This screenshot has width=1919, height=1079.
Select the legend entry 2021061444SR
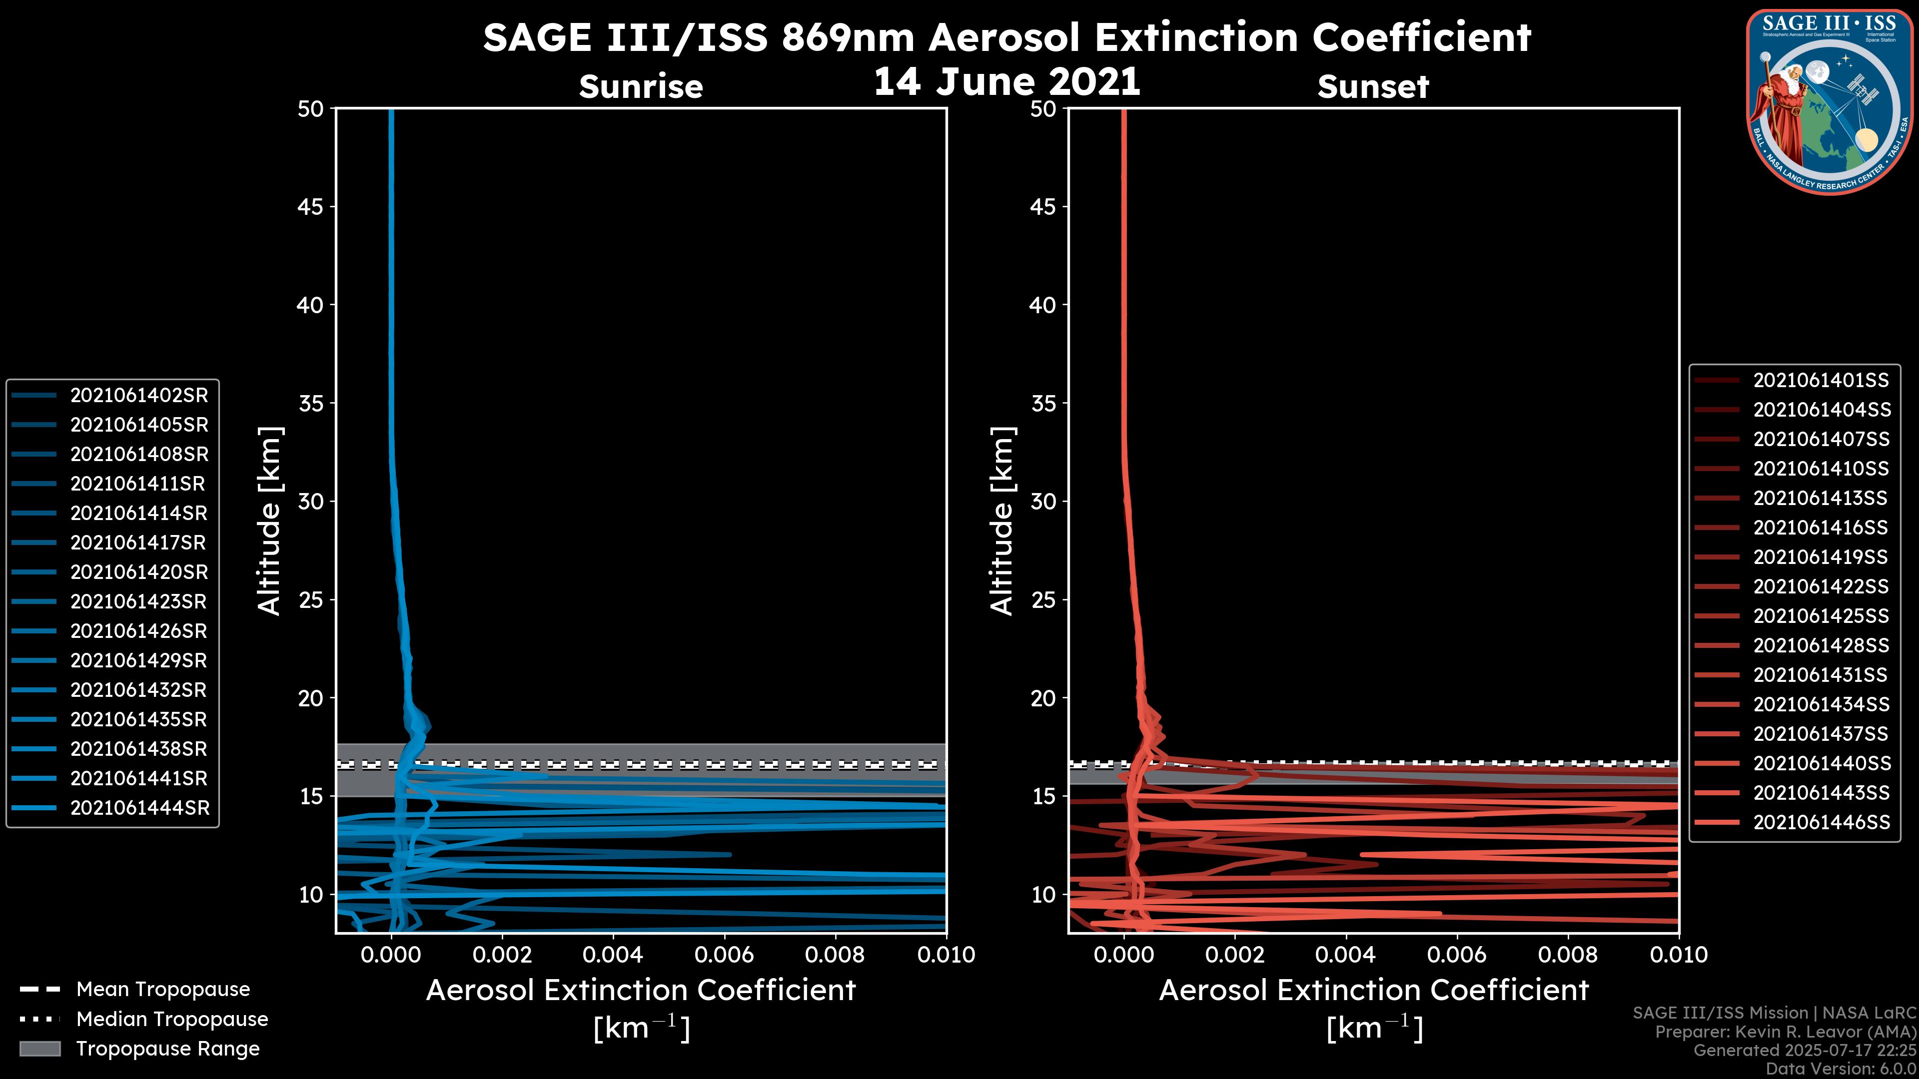pyautogui.click(x=139, y=808)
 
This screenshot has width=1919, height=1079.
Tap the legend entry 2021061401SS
pyautogui.click(x=1821, y=381)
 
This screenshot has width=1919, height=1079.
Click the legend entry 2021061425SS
pyautogui.click(x=1821, y=616)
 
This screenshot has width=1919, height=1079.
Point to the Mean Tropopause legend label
pyautogui.click(x=163, y=989)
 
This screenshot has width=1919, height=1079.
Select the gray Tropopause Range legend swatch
pyautogui.click(x=39, y=1049)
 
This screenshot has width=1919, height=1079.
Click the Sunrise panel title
pyautogui.click(x=641, y=86)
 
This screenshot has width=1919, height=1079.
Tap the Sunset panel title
pyautogui.click(x=1373, y=86)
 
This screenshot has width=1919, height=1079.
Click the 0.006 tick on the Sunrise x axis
pyautogui.click(x=724, y=955)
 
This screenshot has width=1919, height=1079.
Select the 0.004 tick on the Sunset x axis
pyautogui.click(x=1345, y=955)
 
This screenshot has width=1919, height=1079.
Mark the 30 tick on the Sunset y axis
pyautogui.click(x=1043, y=501)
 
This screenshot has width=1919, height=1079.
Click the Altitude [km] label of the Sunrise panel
pyautogui.click(x=269, y=521)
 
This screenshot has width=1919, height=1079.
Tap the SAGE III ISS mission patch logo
pyautogui.click(x=1828, y=102)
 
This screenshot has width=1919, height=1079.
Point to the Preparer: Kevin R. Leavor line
pyautogui.click(x=1785, y=1032)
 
